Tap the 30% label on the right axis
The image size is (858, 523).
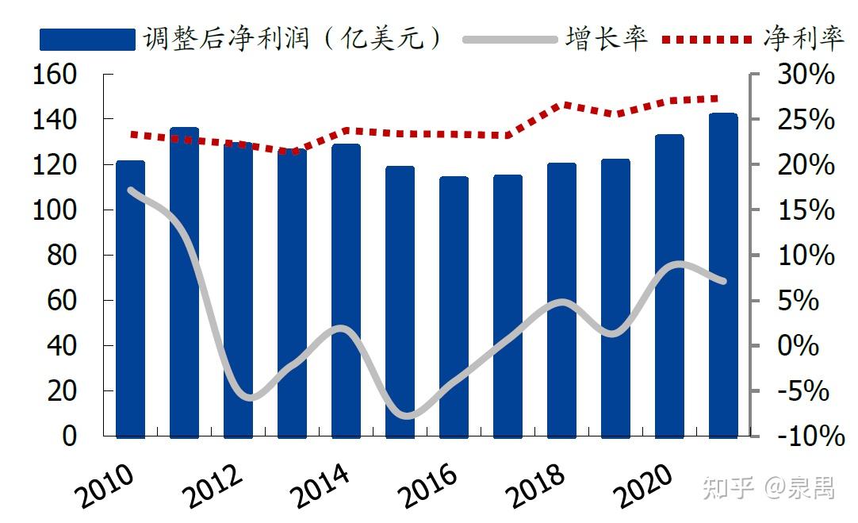[804, 75]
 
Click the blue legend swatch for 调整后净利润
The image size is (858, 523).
[87, 39]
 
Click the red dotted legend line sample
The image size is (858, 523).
[707, 39]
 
